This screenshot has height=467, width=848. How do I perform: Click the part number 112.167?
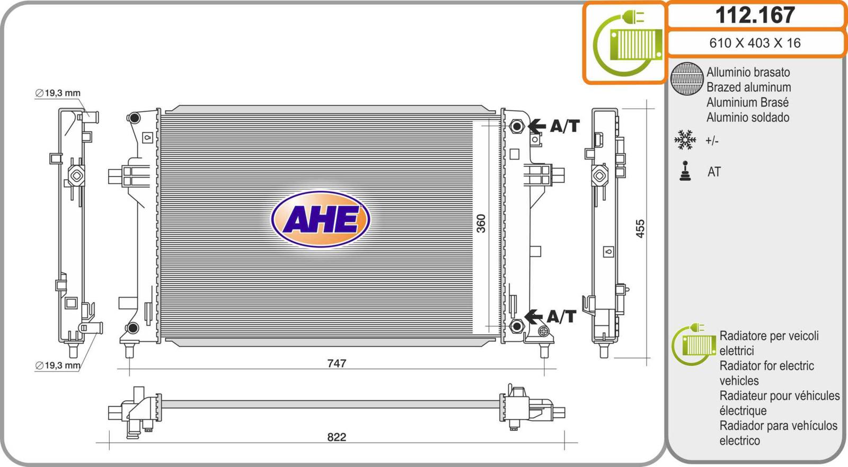(755, 15)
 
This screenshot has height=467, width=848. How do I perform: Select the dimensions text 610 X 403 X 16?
(755, 43)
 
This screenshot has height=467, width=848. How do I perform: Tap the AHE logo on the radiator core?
(320, 219)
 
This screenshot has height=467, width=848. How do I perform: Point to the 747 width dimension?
(337, 363)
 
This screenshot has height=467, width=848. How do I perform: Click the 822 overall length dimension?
(337, 437)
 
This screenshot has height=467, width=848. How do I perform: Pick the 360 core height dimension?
(481, 224)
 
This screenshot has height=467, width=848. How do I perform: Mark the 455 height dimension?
(640, 228)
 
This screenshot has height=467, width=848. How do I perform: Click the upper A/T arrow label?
(554, 126)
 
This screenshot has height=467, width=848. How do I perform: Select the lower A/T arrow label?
(551, 316)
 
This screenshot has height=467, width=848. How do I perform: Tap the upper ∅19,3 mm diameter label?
(58, 93)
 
